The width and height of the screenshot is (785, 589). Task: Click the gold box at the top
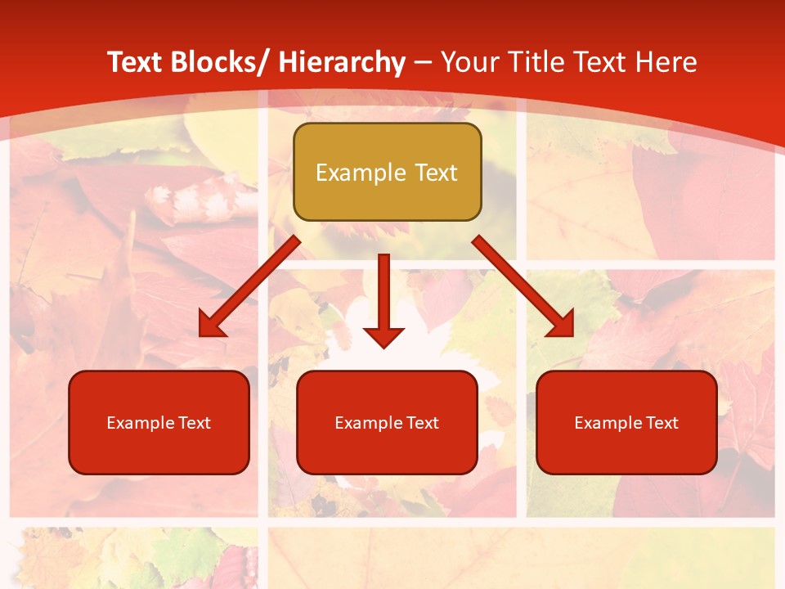[x=387, y=173]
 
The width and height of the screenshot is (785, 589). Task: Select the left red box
[x=159, y=422]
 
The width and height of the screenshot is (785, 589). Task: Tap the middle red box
[x=387, y=422]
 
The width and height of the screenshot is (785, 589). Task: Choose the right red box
[x=626, y=422]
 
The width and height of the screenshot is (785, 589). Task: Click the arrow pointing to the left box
[x=249, y=287]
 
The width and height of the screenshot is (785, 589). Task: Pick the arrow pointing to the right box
[x=523, y=286]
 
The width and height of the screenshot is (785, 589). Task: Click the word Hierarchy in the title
[x=341, y=62]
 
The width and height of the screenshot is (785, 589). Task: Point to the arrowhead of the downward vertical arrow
[x=384, y=335]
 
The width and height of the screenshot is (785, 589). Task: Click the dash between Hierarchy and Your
[x=423, y=63]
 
